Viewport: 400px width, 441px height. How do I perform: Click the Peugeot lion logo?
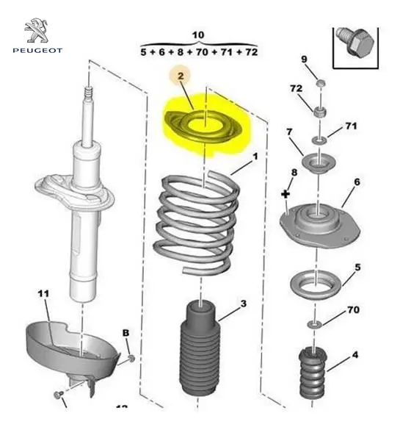click(x=37, y=30)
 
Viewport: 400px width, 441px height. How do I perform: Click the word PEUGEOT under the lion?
click(x=37, y=51)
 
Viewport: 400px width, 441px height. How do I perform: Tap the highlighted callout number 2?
click(x=181, y=76)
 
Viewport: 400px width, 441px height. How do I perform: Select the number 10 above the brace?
click(x=198, y=35)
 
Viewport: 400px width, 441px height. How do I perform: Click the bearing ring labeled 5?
click(x=316, y=285)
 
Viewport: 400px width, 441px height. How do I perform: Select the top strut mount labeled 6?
click(x=320, y=226)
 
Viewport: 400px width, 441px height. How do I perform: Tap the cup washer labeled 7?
click(x=319, y=163)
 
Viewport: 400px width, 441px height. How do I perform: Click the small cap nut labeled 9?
click(x=321, y=83)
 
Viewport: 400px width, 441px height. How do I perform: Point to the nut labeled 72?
click(x=319, y=112)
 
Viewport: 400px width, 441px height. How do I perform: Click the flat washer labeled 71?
click(x=320, y=139)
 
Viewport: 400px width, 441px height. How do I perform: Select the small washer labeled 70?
click(x=315, y=324)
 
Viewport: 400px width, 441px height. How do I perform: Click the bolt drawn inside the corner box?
click(x=355, y=42)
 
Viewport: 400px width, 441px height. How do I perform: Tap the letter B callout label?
click(x=126, y=333)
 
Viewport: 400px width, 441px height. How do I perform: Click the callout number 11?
click(x=43, y=293)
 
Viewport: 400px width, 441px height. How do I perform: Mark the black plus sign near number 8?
click(x=286, y=194)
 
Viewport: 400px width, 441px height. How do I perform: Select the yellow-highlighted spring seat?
click(x=203, y=127)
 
